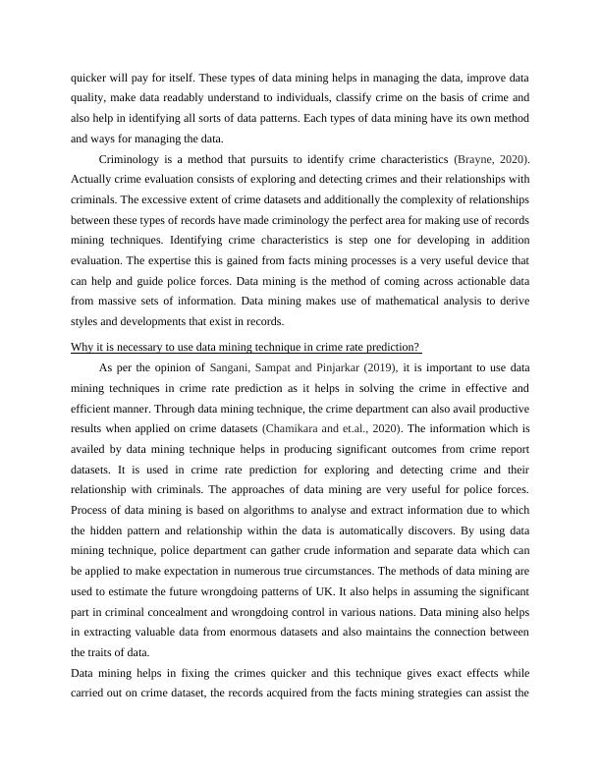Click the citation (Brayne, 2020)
[x=494, y=159]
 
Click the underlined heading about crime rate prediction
[x=246, y=347]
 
